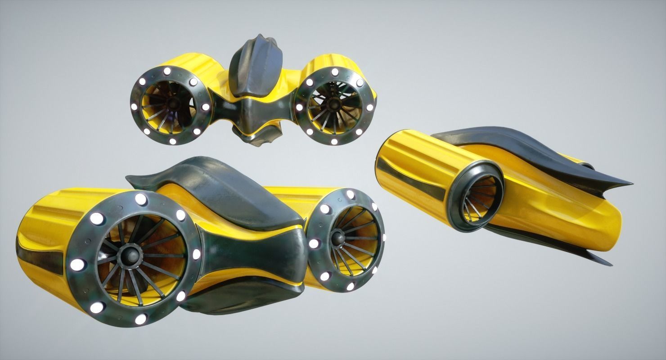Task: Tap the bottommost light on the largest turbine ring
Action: pyautogui.click(x=140, y=319)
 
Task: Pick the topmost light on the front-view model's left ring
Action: pyautogui.click(x=167, y=71)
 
